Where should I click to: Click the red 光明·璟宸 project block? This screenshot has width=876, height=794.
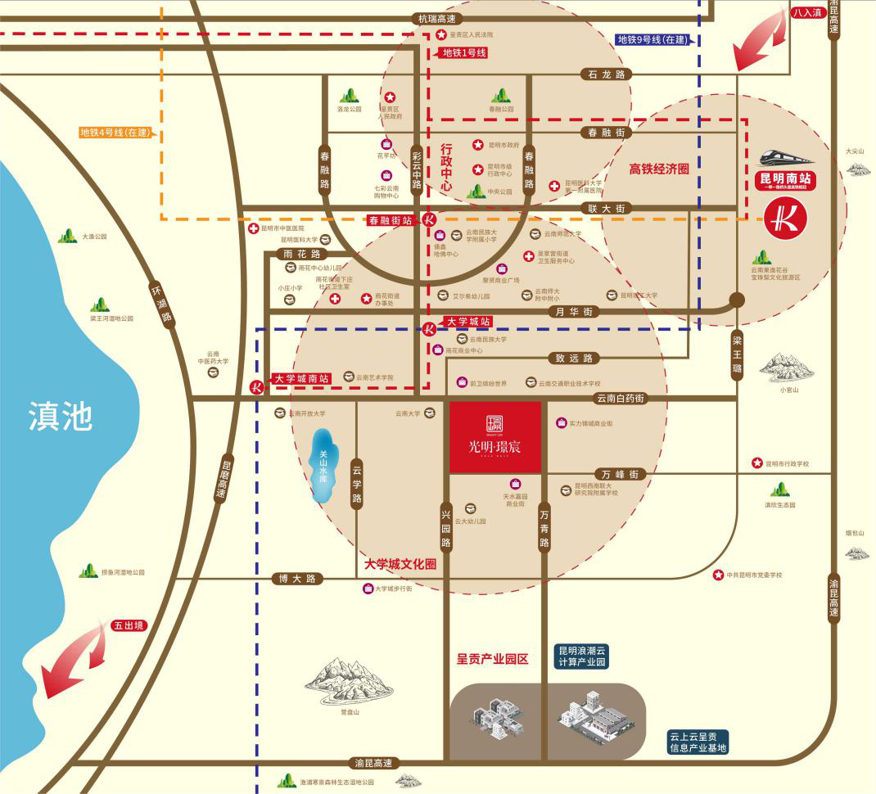coord(495,437)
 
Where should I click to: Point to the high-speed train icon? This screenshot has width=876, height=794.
coord(785,156)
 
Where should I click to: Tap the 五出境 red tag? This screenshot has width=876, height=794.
coord(128,625)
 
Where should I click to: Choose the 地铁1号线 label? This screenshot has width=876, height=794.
coord(464,53)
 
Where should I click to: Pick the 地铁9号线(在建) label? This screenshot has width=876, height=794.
coord(653,39)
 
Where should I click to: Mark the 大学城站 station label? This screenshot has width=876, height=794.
coord(468,322)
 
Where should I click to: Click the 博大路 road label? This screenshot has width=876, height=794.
coord(296,579)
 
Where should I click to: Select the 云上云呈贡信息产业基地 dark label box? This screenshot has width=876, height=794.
coord(698,742)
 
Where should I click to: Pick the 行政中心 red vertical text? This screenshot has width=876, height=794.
coord(446,168)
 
